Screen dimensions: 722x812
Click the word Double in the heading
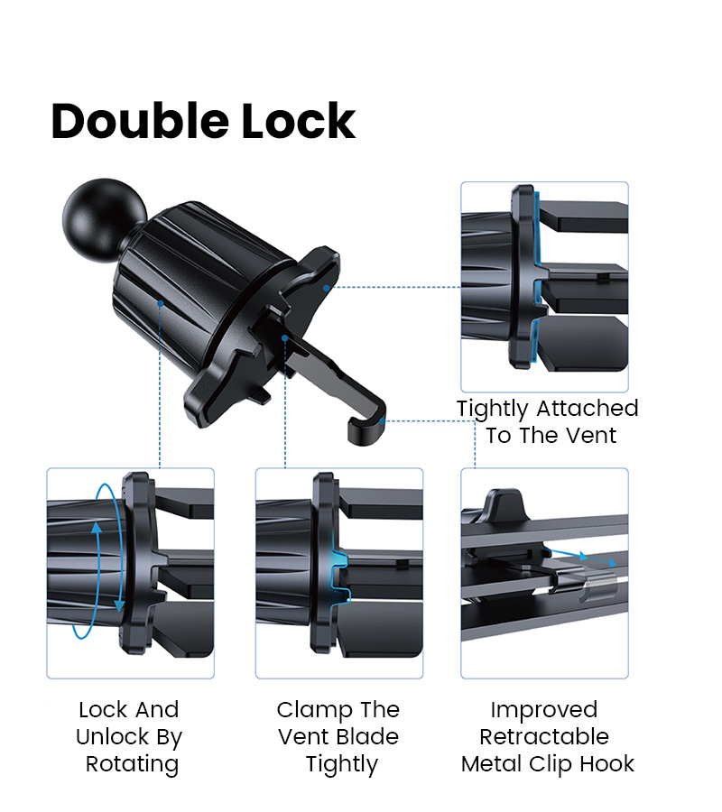pos(140,122)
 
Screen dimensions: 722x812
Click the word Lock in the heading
pos(299,122)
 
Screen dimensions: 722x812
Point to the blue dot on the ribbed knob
pos(161,303)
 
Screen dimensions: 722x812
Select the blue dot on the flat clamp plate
pos(327,288)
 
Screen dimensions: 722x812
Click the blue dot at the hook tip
pos(383,421)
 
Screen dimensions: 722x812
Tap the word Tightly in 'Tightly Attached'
pos(492,410)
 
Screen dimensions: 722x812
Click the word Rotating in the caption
pos(132,765)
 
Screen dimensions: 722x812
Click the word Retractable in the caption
pos(544,737)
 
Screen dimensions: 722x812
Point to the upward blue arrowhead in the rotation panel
pos(97,527)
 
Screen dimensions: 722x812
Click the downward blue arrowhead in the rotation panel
pos(120,605)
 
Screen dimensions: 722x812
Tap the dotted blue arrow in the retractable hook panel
pos(601,559)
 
